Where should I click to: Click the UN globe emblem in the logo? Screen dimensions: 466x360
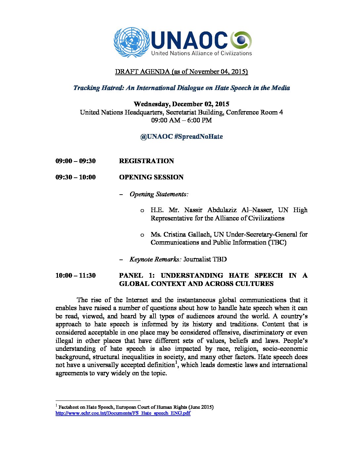coord(131,42)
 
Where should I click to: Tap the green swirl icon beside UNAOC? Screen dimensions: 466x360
coord(241,40)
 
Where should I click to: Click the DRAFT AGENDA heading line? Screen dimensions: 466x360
coord(181,71)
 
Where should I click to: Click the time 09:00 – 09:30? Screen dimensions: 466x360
coord(75,161)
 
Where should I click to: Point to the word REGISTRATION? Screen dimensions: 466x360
coord(146,161)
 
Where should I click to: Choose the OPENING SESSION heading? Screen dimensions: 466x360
coord(151,177)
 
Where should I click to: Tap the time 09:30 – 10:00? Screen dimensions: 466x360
coord(75,177)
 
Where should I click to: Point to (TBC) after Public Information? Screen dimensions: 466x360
coord(277,242)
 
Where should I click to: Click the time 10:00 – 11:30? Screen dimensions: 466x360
coord(75,275)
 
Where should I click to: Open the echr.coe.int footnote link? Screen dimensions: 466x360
coord(123,413)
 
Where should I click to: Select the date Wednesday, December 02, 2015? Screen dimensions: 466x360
coord(181,104)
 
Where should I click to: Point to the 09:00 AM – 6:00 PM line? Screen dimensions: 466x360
coord(181,120)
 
